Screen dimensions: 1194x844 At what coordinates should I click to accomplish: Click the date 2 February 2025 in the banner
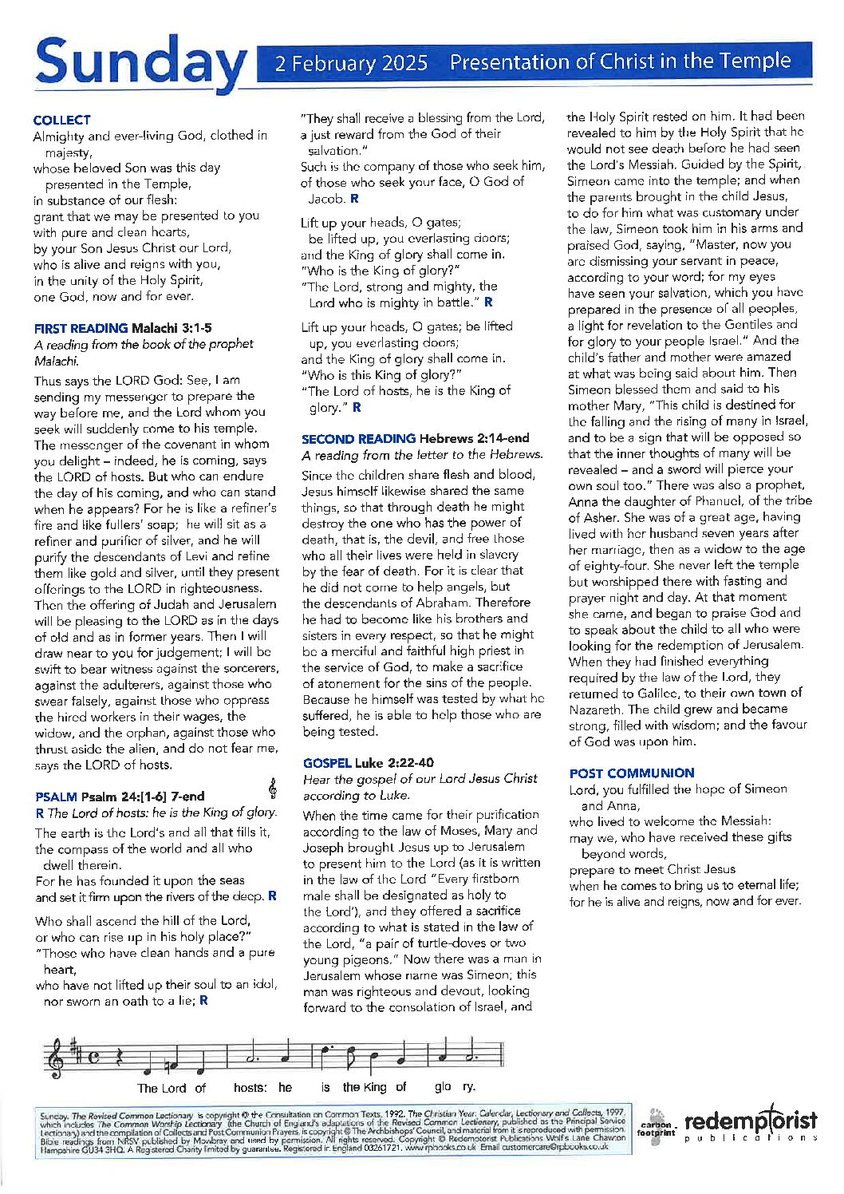pyautogui.click(x=351, y=63)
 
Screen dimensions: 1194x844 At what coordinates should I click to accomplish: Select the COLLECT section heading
pyautogui.click(x=62, y=120)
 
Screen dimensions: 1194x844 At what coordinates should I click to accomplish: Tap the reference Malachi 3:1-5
pyautogui.click(x=172, y=328)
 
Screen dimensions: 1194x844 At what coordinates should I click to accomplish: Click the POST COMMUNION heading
pyautogui.click(x=632, y=773)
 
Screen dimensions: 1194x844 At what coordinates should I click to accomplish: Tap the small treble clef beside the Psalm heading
pyautogui.click(x=273, y=789)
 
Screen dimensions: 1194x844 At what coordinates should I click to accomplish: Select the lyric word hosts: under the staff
pyautogui.click(x=250, y=1088)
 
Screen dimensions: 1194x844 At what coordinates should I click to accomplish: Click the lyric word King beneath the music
pyautogui.click(x=375, y=1087)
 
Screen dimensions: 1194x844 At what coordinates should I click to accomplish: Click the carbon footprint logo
pyautogui.click(x=657, y=1126)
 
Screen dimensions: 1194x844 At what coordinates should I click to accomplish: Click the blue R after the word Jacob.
pyautogui.click(x=355, y=199)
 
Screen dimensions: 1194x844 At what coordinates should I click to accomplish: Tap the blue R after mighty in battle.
pyautogui.click(x=489, y=302)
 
